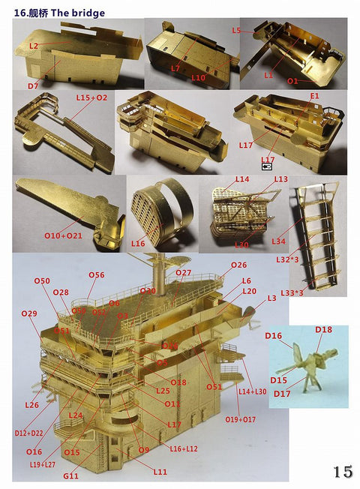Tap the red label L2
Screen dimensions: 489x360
click(x=33, y=46)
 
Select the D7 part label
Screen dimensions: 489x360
click(x=33, y=86)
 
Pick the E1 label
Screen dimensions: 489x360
click(x=314, y=96)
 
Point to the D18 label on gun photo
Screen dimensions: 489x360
click(x=323, y=329)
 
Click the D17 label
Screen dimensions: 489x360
click(x=282, y=394)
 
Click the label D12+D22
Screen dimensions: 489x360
click(x=29, y=433)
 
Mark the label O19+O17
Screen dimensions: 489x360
click(x=240, y=419)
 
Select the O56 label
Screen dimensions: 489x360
click(x=96, y=275)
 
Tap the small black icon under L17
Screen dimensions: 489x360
click(x=266, y=169)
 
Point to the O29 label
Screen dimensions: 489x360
click(x=29, y=313)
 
